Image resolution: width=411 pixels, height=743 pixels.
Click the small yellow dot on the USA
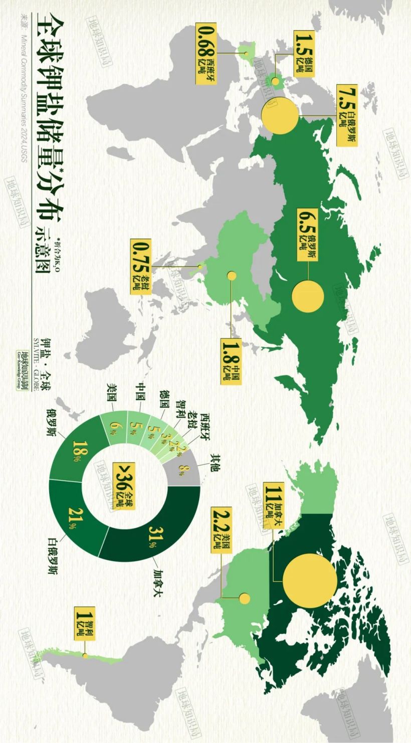pos(245,598)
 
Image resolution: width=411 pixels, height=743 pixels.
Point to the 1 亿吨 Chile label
pos(84,621)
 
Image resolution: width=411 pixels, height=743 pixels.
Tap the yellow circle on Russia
pos(308,296)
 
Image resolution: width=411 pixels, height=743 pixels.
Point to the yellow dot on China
pos(232,275)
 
